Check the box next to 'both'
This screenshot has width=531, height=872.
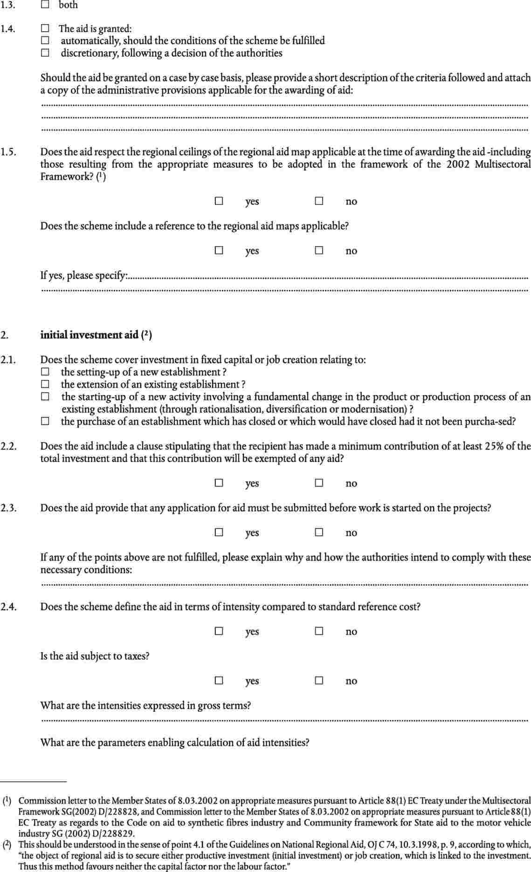tap(45, 5)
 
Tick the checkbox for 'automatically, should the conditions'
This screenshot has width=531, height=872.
tap(45, 41)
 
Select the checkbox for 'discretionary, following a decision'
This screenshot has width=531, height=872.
tap(45, 53)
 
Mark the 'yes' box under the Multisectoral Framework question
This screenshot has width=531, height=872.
tap(219, 201)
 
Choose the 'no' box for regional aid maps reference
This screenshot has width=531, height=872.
tap(319, 251)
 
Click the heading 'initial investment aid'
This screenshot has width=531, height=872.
tap(90, 335)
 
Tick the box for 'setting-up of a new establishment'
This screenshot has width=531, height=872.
tap(45, 372)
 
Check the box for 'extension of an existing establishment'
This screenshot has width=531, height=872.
tap(45, 384)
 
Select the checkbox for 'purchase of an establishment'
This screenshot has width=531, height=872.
tap(45, 422)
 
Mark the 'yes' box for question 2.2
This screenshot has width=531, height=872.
tap(219, 483)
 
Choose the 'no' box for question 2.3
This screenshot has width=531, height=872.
tap(319, 532)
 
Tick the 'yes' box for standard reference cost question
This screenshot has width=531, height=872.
tap(219, 631)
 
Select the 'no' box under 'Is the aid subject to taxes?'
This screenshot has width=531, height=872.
tap(319, 681)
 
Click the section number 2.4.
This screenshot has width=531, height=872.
tap(9, 607)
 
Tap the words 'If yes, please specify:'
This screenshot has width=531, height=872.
tap(84, 276)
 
